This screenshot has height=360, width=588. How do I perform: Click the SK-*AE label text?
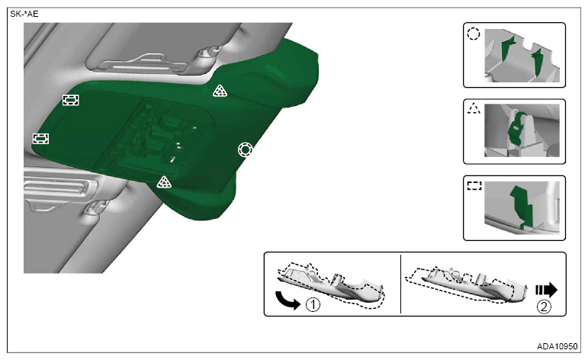24,14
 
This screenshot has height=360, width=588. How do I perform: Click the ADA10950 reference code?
557,346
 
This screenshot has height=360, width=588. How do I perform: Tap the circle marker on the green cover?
246,149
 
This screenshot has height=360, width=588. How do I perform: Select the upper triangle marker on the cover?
220,91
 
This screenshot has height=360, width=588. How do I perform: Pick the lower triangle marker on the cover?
164,182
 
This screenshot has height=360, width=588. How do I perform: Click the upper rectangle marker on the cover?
70,100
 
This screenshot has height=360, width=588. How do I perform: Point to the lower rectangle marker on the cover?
40,138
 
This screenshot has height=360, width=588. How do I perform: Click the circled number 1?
313,304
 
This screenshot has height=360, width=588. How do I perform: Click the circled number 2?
544,307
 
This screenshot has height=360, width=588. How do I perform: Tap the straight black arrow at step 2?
546,290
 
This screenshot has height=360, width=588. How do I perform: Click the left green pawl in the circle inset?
507,47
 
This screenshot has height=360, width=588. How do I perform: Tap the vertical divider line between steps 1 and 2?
401,284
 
